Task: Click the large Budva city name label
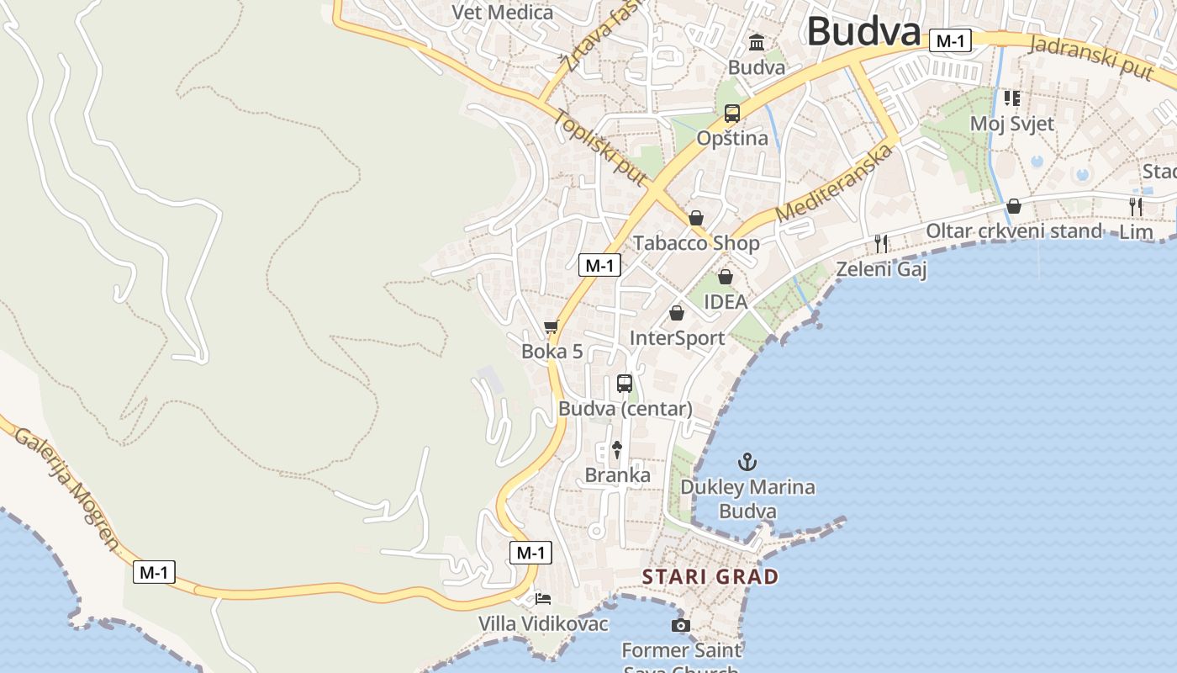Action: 863,32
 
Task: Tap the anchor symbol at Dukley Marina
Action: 747,462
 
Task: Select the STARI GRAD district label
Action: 710,577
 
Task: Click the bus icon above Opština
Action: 732,114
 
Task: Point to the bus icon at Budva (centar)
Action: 625,384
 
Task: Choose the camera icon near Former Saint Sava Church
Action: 681,625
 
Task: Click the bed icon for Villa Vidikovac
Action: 544,599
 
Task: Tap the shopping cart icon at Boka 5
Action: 552,326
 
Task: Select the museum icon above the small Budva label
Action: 757,42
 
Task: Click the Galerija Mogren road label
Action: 67,489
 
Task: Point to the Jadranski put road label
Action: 1090,57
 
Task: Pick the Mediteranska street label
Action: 833,183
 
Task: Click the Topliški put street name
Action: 599,147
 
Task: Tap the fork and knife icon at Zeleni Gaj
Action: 881,244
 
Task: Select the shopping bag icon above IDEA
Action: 726,277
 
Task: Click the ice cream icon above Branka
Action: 617,450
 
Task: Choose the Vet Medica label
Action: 503,13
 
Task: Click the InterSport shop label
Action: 677,338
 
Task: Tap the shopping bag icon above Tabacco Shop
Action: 696,219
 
